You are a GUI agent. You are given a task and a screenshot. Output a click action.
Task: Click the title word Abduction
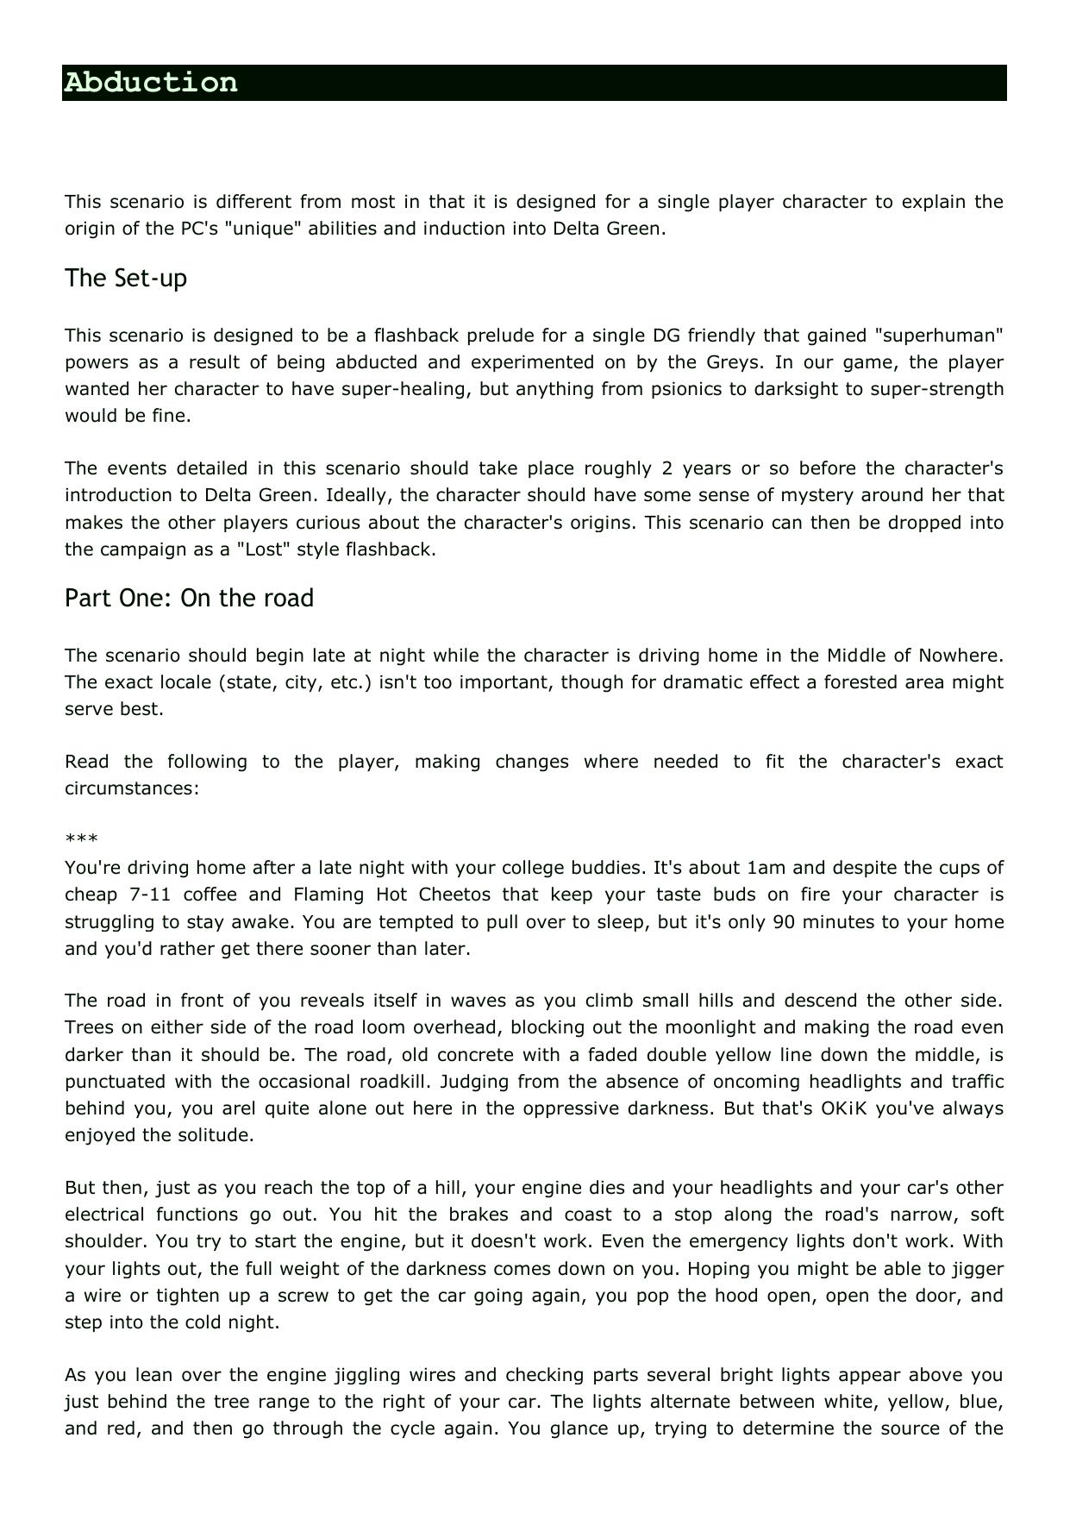tap(151, 83)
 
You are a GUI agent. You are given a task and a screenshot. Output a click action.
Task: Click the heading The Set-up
tap(126, 278)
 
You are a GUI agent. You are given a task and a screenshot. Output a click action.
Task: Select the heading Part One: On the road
tap(189, 598)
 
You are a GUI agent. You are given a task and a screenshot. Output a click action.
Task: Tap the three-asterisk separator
tap(81, 839)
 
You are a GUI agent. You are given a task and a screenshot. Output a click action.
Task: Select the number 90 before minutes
tap(784, 921)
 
